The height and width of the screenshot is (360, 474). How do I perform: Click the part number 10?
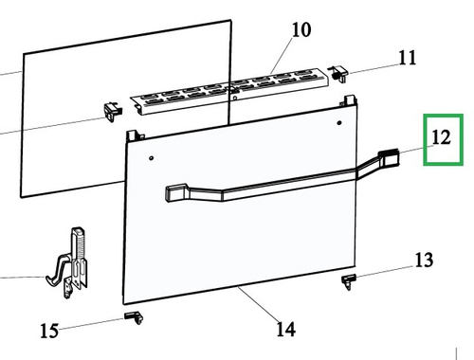click(x=300, y=29)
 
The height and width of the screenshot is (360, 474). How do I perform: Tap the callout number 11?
click(x=407, y=58)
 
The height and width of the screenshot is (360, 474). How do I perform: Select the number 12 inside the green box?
click(x=441, y=137)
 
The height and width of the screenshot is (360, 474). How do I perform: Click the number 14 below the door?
click(x=284, y=329)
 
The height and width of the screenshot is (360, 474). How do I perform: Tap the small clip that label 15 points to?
click(x=132, y=315)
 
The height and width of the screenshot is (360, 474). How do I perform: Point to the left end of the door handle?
click(x=173, y=192)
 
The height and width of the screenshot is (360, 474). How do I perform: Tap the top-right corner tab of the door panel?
click(x=351, y=100)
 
